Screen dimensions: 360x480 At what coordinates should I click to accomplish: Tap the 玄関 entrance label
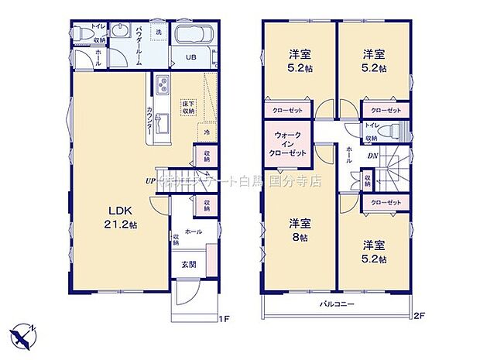[x=188, y=265]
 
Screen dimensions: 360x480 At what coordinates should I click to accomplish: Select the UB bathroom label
[x=190, y=57]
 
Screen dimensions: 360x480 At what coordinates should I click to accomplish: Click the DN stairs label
[x=372, y=157]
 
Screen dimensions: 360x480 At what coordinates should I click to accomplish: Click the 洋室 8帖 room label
[x=300, y=231]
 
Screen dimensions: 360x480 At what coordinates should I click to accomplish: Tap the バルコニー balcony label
[x=337, y=305]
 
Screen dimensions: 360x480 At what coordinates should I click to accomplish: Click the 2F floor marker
[x=419, y=316]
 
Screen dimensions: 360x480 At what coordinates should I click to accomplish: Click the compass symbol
[x=23, y=334]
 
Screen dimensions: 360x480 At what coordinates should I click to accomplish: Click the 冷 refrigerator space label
[x=206, y=132]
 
